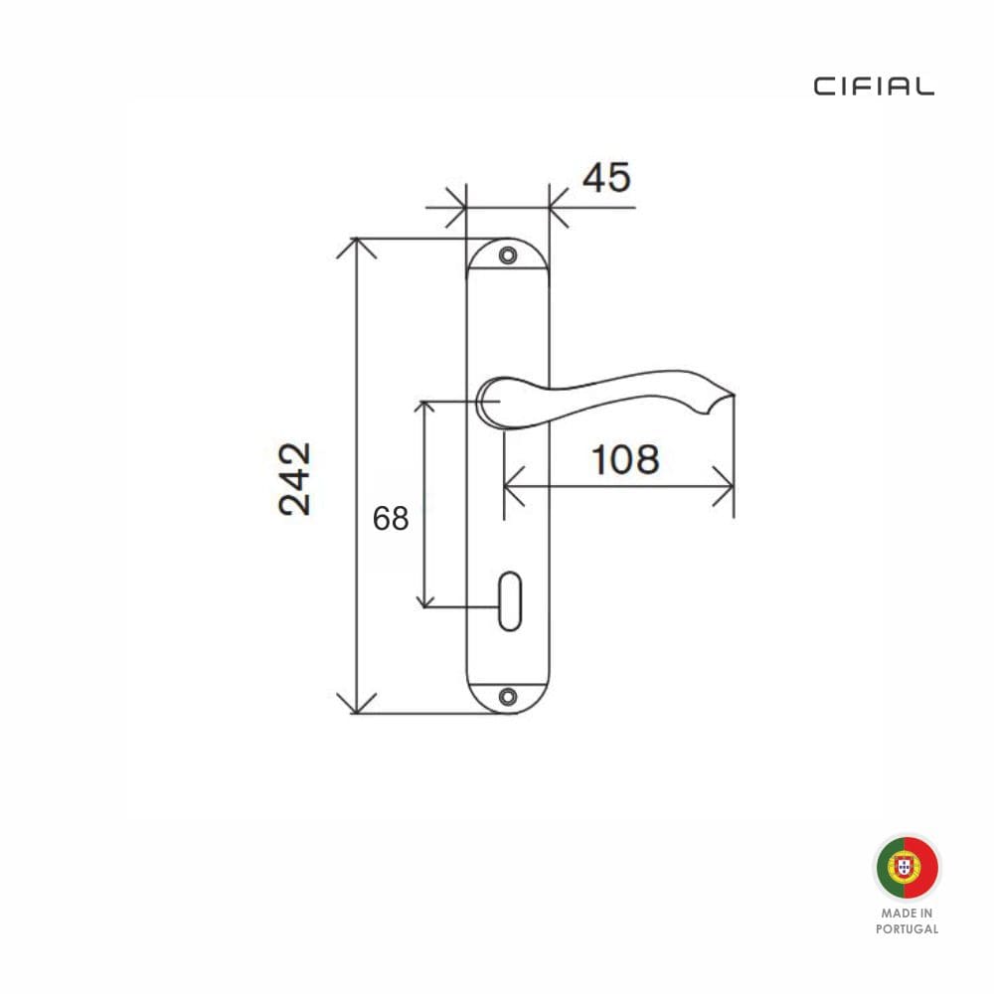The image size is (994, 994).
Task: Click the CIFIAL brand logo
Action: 874,86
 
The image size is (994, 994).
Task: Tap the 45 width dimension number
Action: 606,178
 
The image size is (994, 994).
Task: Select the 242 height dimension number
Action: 295,479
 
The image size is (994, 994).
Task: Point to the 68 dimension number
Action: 391,519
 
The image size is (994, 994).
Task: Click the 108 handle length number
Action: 625,459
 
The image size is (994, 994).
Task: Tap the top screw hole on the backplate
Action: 508,255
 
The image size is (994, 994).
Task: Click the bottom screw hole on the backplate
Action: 508,697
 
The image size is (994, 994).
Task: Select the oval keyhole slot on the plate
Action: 510,601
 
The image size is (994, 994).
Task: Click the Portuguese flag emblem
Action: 908,867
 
